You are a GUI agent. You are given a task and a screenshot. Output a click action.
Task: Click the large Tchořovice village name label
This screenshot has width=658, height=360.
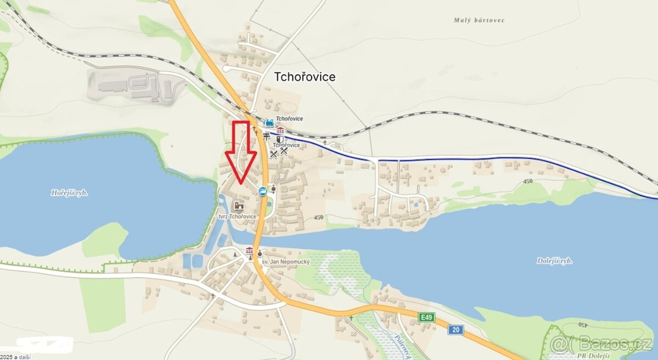point(304,77)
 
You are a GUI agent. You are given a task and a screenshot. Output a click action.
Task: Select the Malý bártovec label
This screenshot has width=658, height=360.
point(479,20)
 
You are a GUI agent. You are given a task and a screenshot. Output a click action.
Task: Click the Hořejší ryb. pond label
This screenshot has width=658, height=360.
point(70,193)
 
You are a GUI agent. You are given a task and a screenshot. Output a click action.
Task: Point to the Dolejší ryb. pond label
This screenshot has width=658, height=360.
point(554,261)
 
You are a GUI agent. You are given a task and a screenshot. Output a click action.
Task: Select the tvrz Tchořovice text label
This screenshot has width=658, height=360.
point(237,216)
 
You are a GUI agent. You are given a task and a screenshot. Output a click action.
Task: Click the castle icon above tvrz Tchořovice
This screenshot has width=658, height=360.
point(239,205)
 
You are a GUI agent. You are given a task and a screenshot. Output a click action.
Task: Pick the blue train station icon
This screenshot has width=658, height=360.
point(269,123)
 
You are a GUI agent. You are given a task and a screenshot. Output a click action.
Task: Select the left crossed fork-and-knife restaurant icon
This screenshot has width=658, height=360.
point(273,153)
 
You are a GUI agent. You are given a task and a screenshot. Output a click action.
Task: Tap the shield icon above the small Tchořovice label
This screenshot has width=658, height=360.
point(280,139)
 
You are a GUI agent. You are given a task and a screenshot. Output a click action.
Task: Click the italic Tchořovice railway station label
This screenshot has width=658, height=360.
point(289,118)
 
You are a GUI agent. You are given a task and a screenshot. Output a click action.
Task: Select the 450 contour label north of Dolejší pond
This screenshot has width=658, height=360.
point(527,181)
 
